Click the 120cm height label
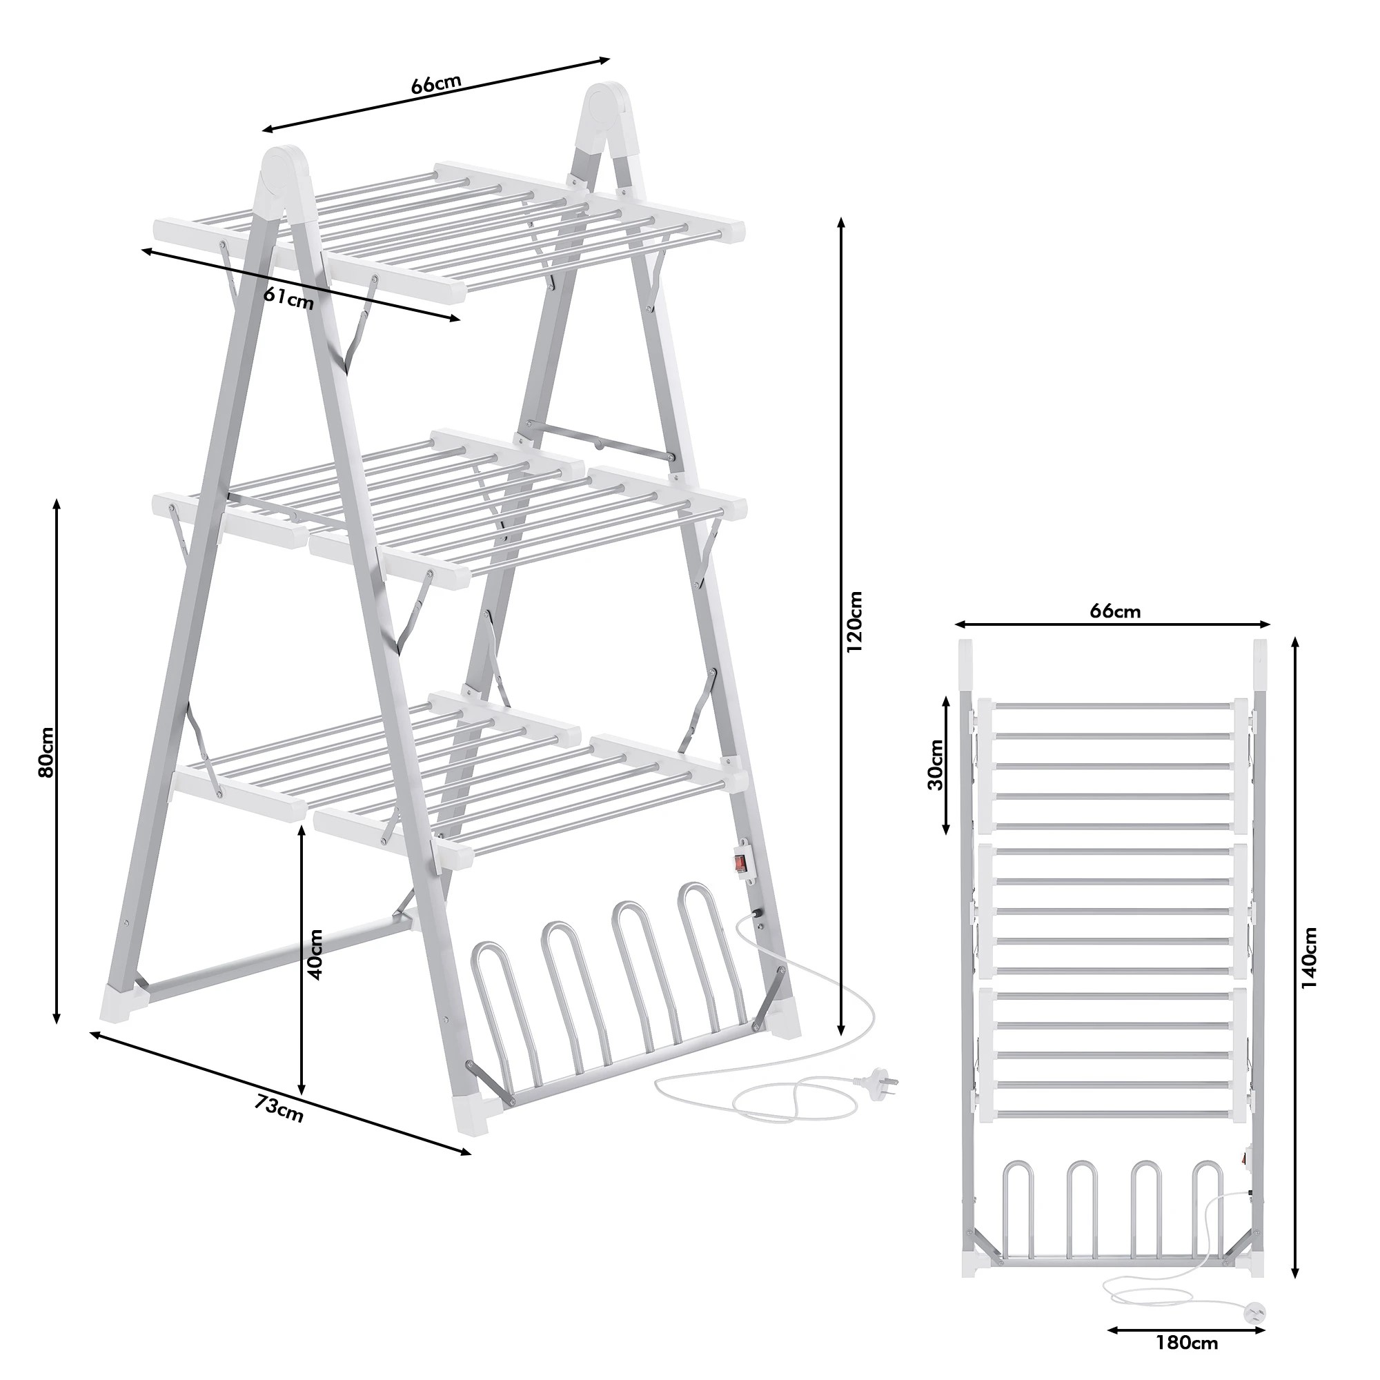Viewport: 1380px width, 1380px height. click(x=854, y=620)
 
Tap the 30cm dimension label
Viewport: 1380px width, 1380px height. click(x=936, y=765)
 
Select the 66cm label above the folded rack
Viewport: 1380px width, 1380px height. click(x=1115, y=611)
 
